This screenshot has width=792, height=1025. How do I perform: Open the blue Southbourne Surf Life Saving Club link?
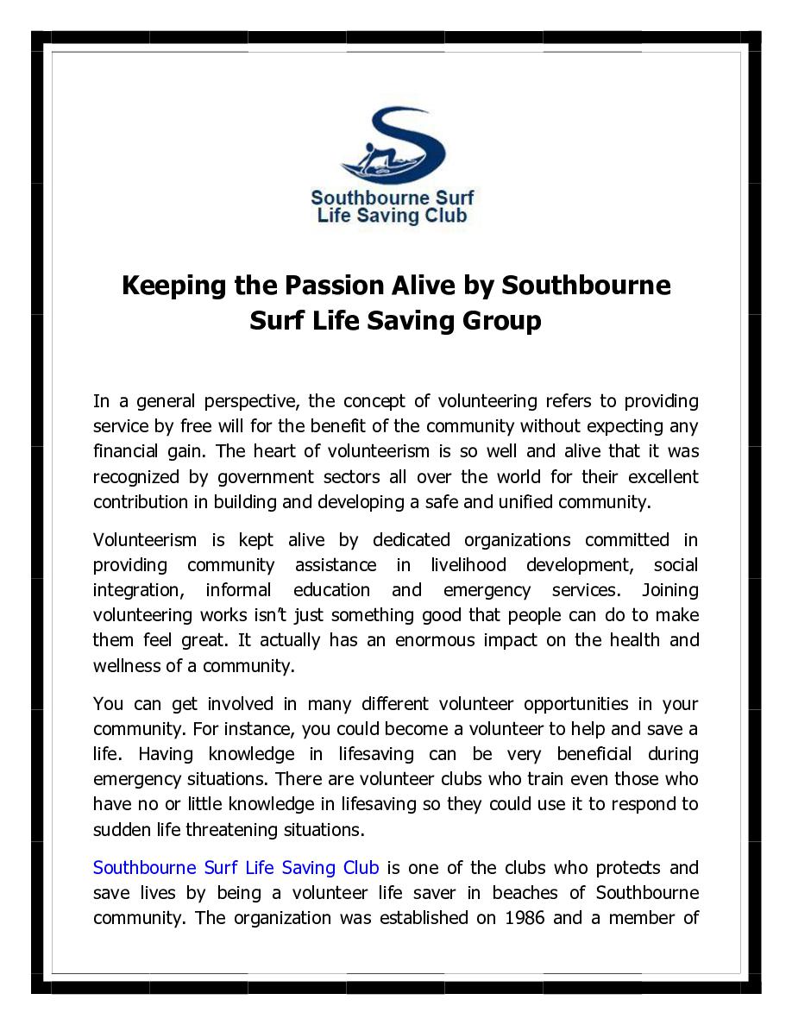click(236, 867)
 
